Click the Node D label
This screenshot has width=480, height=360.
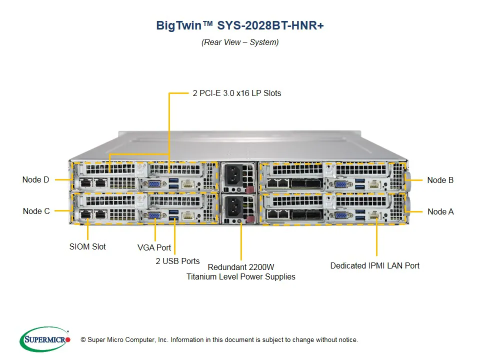click(x=36, y=179)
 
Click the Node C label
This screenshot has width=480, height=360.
click(x=36, y=211)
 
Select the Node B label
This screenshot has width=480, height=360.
click(x=440, y=180)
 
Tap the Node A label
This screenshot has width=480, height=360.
click(x=440, y=211)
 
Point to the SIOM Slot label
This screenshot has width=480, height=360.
click(x=87, y=246)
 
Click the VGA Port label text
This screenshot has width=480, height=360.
click(x=154, y=247)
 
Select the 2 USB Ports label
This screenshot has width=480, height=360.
click(x=177, y=260)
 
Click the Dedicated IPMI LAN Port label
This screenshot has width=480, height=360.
click(x=375, y=265)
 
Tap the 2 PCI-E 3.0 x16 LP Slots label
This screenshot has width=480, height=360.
click(x=237, y=93)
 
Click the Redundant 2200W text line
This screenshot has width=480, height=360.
click(x=241, y=266)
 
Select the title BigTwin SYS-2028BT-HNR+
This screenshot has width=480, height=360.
click(x=240, y=26)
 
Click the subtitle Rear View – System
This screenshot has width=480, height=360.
click(x=240, y=42)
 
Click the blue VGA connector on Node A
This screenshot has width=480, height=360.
click(x=341, y=216)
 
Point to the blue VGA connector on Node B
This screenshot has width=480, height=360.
click(x=341, y=184)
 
